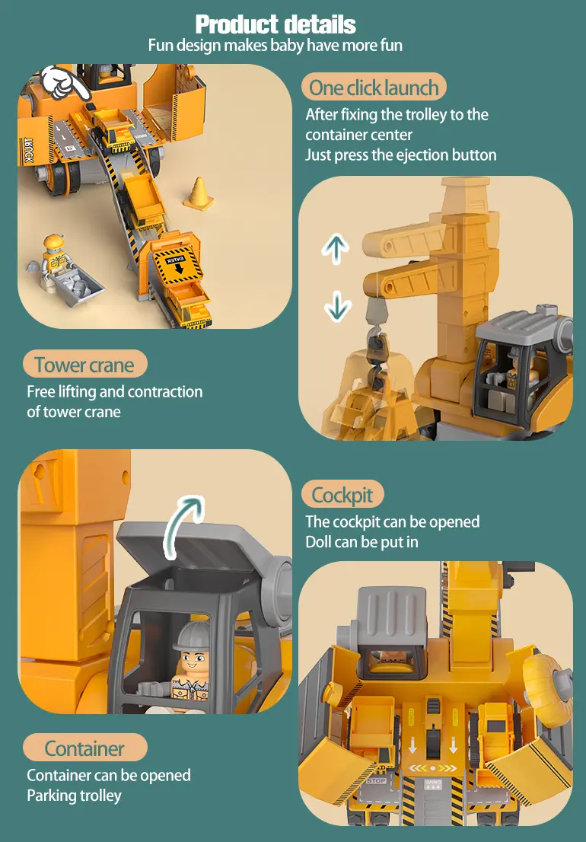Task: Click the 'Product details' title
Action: pos(275,24)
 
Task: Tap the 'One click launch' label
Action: pos(374,88)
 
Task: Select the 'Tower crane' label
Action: pos(84,365)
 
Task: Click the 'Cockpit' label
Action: pos(342,495)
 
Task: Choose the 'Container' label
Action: pos(84,748)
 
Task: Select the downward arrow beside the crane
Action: pos(338,306)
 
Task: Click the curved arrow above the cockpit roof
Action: pos(181,524)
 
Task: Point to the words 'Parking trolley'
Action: pos(74,796)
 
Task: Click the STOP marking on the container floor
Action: pos(376,781)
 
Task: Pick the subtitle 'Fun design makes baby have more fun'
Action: pos(275,45)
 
